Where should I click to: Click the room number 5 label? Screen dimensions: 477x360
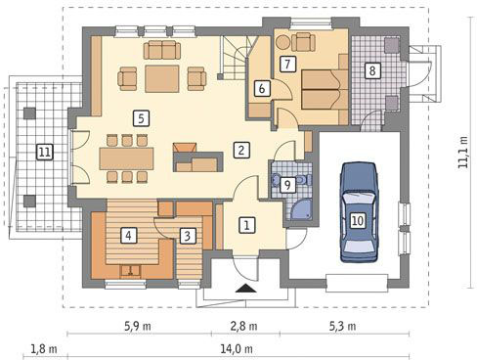click(x=141, y=118)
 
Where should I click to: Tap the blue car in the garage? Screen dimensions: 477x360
click(x=359, y=212)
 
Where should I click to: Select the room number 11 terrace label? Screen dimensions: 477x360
click(x=45, y=152)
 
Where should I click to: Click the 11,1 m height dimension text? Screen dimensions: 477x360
click(x=462, y=152)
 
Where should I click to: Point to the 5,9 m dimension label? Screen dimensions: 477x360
click(x=138, y=326)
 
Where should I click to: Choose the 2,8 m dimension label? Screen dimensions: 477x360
click(x=243, y=326)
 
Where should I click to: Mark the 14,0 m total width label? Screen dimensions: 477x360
click(x=237, y=349)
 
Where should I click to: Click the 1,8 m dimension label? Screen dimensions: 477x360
click(x=44, y=349)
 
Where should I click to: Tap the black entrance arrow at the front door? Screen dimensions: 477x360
click(x=246, y=289)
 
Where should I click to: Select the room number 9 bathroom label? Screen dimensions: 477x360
click(x=287, y=185)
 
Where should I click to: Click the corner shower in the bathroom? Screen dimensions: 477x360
click(x=300, y=209)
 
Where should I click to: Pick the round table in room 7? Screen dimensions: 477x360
click(x=282, y=42)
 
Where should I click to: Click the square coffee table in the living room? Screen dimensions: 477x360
click(x=162, y=78)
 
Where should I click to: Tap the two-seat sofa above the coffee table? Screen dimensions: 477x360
click(x=162, y=50)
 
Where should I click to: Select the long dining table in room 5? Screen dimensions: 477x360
click(x=126, y=158)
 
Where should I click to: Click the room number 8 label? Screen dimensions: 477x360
click(x=372, y=70)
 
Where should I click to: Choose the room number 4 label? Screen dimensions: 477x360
click(x=129, y=235)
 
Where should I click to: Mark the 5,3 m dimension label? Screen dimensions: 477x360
click(x=342, y=326)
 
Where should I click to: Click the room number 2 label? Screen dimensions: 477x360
click(x=241, y=150)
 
